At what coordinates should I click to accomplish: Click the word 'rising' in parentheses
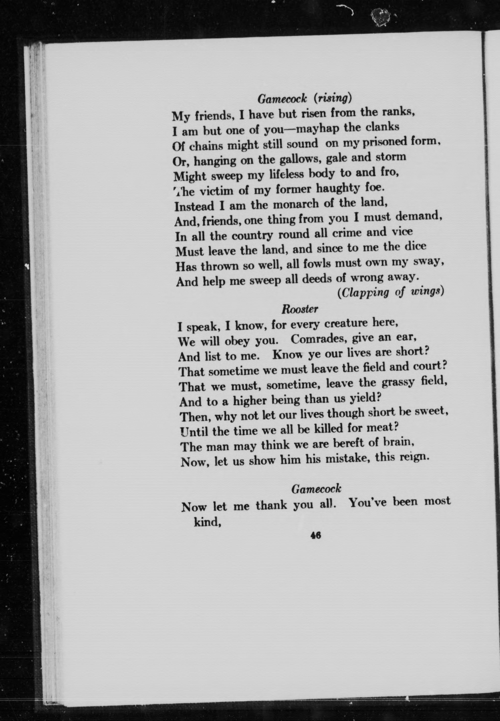point(332,99)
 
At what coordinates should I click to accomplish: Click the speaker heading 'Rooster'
point(299,309)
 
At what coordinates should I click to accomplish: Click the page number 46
point(316,535)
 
